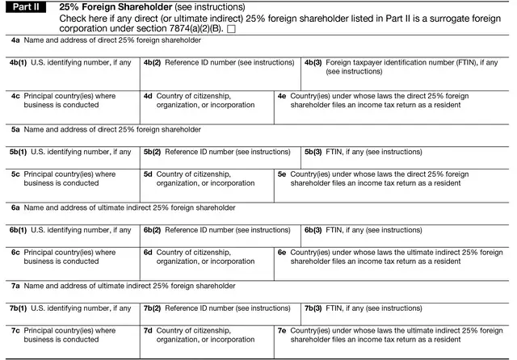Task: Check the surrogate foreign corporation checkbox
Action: [x=231, y=29]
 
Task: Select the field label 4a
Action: [x=15, y=40]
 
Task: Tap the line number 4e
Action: [x=281, y=95]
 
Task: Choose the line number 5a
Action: [x=15, y=129]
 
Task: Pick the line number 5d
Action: [x=148, y=174]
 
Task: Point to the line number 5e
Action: [x=281, y=174]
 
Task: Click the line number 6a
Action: [x=15, y=207]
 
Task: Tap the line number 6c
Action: [x=15, y=252]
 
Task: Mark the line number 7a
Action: [x=15, y=286]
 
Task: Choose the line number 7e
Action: [x=281, y=330]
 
